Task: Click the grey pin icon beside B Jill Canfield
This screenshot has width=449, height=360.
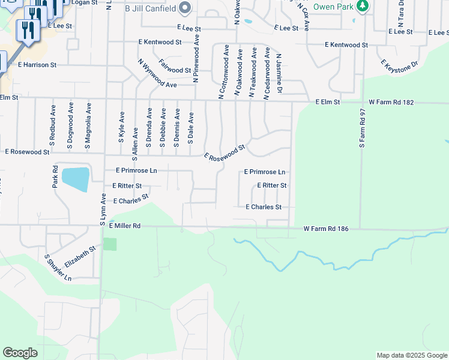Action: click(x=185, y=8)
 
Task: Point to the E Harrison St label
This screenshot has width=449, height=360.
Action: click(x=37, y=64)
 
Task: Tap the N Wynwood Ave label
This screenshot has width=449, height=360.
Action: click(x=157, y=73)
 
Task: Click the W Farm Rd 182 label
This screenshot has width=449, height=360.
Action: click(x=391, y=103)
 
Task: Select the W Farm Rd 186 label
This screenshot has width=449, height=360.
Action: click(x=326, y=229)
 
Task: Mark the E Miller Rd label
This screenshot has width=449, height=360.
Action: click(x=124, y=226)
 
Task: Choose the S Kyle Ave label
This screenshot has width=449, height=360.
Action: click(x=122, y=126)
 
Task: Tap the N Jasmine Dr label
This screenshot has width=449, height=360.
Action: click(x=279, y=74)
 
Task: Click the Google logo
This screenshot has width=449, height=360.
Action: click(x=20, y=353)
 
